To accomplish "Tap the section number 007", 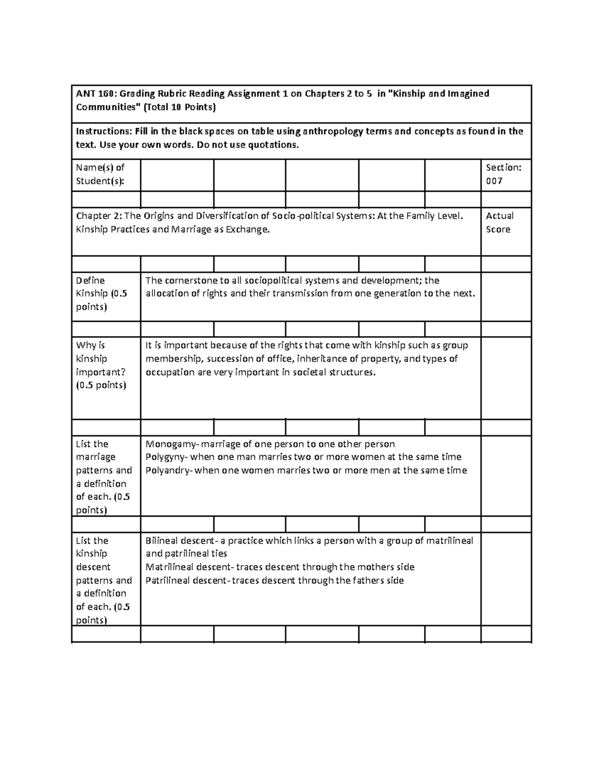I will click(x=494, y=181).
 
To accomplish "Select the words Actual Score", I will click(x=499, y=223).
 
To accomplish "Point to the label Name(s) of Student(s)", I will click(x=100, y=174).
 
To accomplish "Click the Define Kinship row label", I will click(x=101, y=294).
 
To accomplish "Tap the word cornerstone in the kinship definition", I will click(x=191, y=280).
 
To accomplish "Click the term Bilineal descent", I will click(x=179, y=541).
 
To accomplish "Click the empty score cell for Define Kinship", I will click(x=506, y=297).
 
